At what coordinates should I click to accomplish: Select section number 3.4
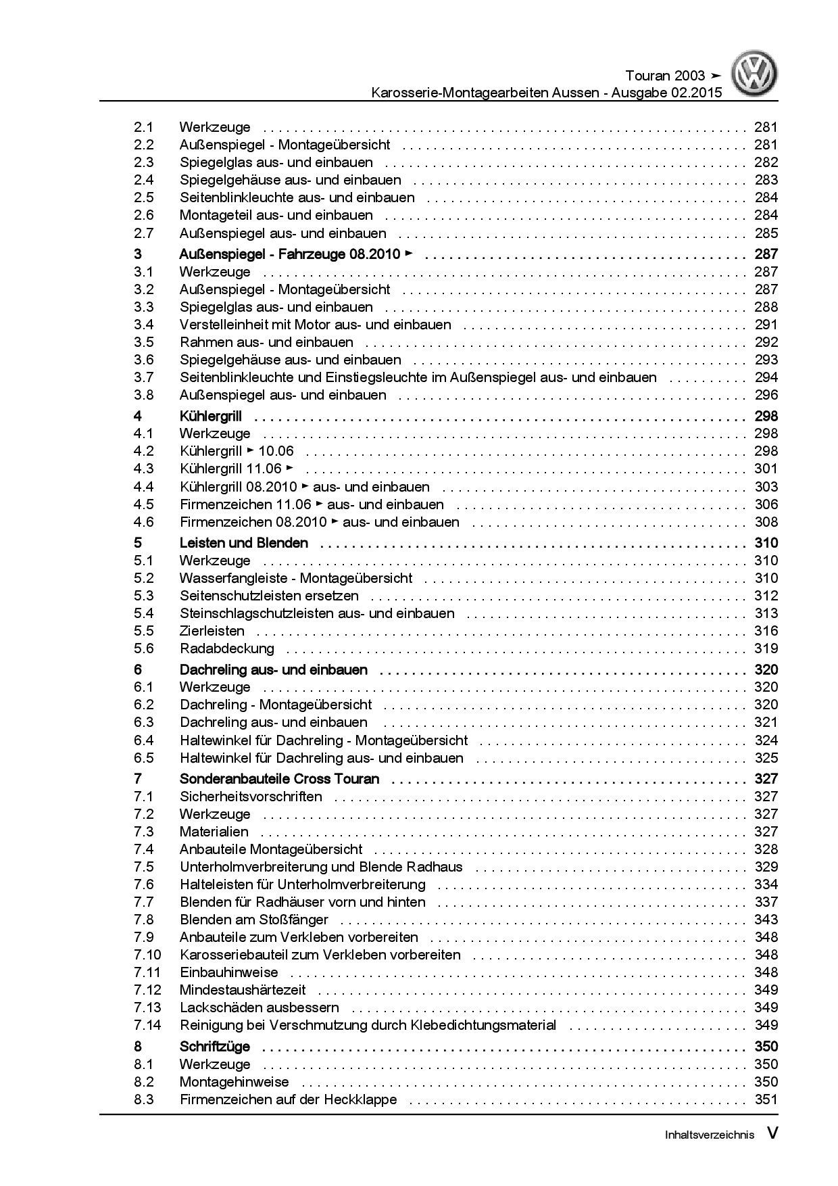click(143, 325)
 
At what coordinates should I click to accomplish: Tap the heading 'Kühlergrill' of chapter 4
click(210, 416)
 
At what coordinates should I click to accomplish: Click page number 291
click(766, 325)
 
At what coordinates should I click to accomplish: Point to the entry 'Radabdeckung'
click(226, 648)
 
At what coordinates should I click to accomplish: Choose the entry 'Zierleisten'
click(212, 631)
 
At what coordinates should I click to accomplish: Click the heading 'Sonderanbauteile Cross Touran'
click(279, 778)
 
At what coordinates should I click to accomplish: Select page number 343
click(766, 920)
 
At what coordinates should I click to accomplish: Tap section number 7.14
click(147, 1025)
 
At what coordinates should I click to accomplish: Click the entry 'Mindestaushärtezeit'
click(243, 990)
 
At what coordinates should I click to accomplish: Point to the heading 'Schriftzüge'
click(214, 1047)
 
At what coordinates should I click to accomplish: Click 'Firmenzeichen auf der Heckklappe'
click(288, 1099)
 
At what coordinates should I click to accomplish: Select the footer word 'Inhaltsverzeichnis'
click(709, 1135)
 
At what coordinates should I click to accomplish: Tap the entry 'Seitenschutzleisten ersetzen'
click(269, 596)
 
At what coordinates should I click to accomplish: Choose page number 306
click(766, 504)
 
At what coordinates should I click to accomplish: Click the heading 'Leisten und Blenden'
click(243, 543)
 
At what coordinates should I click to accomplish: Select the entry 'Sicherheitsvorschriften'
click(251, 797)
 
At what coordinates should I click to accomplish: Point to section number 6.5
click(143, 758)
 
